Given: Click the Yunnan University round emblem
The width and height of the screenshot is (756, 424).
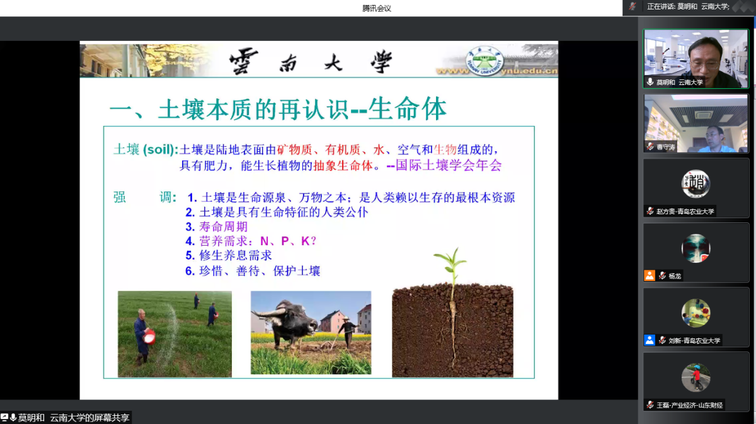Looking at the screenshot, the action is point(484,60).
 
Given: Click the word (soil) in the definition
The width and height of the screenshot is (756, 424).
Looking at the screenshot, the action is point(159,149).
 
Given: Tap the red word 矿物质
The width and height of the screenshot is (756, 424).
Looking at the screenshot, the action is point(294,149).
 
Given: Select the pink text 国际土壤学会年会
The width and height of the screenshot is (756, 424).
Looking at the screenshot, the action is point(449,165).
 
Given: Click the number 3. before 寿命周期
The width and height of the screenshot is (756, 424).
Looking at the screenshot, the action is point(190,227).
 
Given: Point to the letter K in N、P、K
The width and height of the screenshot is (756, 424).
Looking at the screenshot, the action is point(305,241).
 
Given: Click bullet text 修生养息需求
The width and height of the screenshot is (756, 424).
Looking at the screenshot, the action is point(235,255).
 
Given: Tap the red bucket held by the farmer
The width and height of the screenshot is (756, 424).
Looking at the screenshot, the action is point(149,336).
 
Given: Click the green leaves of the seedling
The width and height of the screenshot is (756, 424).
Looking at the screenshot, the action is point(450,261).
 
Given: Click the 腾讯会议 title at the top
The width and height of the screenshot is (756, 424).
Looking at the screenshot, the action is point(377,8).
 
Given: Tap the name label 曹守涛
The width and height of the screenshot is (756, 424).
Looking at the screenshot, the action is point(665,147).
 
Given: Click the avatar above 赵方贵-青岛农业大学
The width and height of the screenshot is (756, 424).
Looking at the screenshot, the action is point(696,183).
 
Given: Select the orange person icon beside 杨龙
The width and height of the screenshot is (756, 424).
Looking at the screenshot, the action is point(650,276).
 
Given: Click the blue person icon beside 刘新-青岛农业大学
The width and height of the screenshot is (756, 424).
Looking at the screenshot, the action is point(650,340).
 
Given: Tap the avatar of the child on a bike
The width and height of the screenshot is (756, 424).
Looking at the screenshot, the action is point(696,377).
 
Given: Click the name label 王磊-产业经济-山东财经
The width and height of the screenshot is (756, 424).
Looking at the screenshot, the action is point(689,405).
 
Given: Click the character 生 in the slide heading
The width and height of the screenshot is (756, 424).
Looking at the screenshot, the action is point(380,109).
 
